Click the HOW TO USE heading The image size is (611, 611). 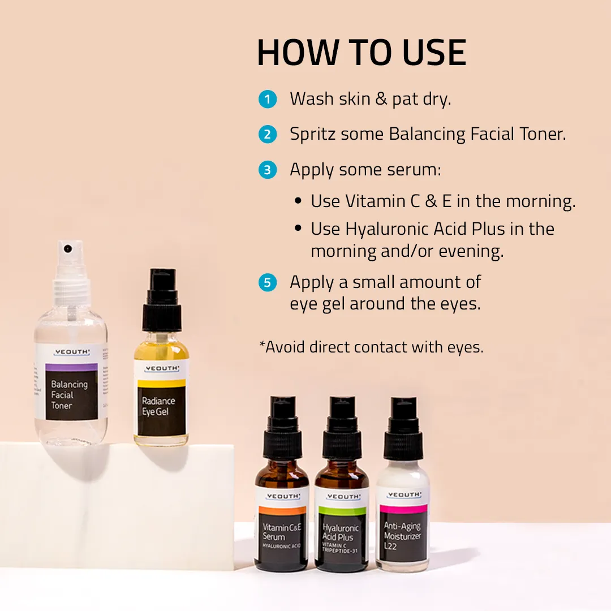click(x=361, y=53)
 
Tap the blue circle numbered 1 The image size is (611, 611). click(x=268, y=100)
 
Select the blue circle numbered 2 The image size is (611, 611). click(x=268, y=135)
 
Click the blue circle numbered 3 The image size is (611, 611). click(x=268, y=170)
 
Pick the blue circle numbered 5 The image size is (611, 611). click(x=268, y=282)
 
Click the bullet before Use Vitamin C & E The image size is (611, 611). click(x=298, y=201)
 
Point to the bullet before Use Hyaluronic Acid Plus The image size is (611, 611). click(x=298, y=229)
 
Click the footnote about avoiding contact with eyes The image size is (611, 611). click(x=371, y=347)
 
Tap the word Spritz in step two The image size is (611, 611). click(x=312, y=135)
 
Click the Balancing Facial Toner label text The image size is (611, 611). click(x=69, y=394)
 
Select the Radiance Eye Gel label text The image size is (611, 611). click(x=158, y=406)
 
